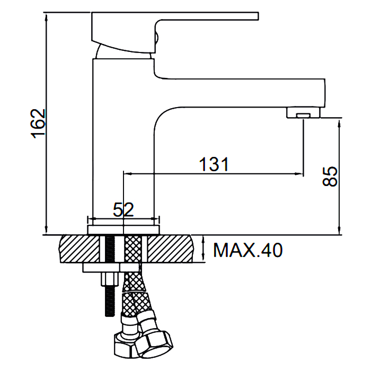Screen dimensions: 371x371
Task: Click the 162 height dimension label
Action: tap(38, 123)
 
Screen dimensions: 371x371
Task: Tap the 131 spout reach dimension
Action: tap(214, 164)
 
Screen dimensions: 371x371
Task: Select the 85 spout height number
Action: tap(330, 176)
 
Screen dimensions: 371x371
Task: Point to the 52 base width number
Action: tap(123, 210)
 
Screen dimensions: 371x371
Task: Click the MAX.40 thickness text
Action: tap(248, 250)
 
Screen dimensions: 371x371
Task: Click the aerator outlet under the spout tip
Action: tap(304, 116)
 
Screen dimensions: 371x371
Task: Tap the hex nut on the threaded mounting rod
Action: tap(110, 279)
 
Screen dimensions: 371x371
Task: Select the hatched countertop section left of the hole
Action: tap(79, 249)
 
